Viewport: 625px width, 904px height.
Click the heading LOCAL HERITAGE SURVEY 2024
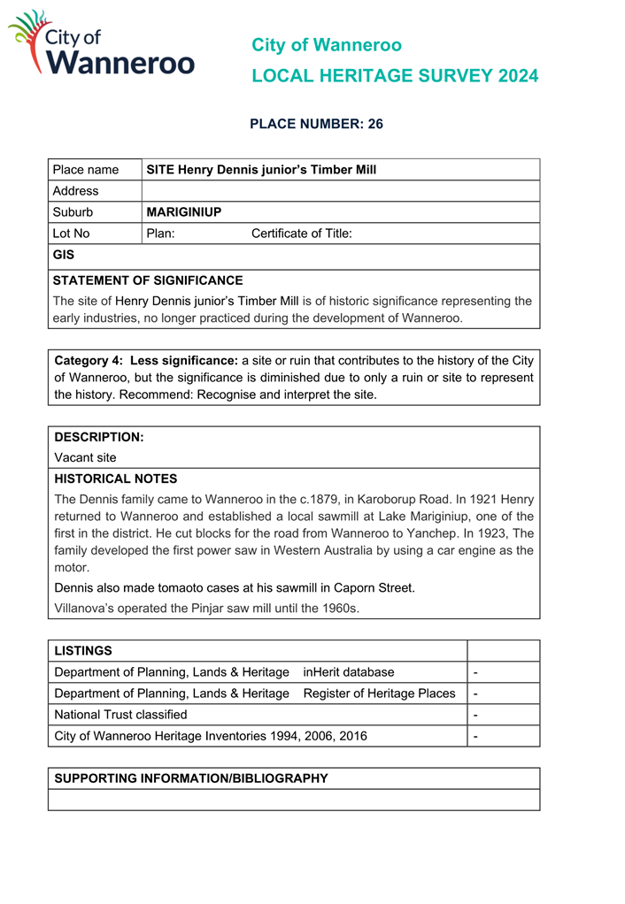(x=394, y=76)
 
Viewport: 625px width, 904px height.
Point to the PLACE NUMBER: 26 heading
(x=316, y=124)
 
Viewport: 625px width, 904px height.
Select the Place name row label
(x=86, y=170)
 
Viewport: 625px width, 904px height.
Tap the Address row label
(x=76, y=191)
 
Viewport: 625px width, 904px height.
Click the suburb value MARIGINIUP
(x=183, y=212)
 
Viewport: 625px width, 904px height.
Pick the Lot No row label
(x=72, y=234)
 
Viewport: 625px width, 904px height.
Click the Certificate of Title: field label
(x=302, y=234)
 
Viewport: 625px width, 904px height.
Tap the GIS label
(x=64, y=255)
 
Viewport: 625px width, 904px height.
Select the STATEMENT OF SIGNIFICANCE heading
(x=148, y=280)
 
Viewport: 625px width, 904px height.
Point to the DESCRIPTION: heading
(x=99, y=437)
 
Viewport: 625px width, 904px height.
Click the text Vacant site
(x=85, y=458)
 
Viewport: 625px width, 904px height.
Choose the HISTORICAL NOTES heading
(x=116, y=479)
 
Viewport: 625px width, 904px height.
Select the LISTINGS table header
(x=83, y=651)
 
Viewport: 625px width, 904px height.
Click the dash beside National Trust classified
(x=476, y=715)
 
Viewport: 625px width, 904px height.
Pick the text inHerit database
(x=349, y=672)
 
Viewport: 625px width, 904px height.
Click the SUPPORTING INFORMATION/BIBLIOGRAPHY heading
(x=191, y=778)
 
